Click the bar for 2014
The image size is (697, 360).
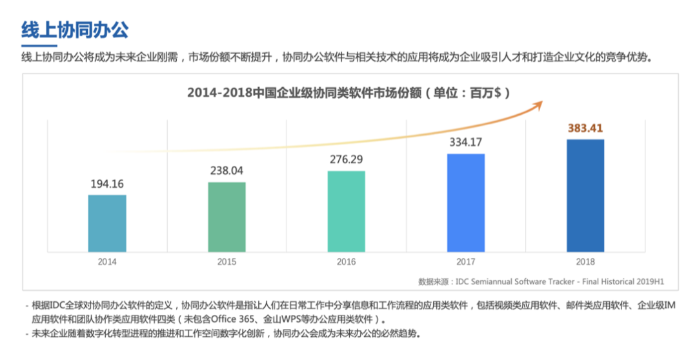click(x=107, y=223)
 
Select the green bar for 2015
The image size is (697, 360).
click(x=227, y=217)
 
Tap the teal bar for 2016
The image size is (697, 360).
click(x=346, y=211)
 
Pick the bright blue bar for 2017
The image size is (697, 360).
click(x=465, y=203)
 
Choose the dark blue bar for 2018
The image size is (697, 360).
click(x=585, y=195)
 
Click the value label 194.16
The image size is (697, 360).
click(x=107, y=184)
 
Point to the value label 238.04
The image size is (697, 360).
click(x=227, y=171)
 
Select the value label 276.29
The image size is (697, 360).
click(x=346, y=159)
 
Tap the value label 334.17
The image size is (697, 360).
click(x=465, y=142)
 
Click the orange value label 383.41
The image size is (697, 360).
click(x=585, y=128)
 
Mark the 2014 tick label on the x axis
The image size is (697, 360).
click(x=107, y=262)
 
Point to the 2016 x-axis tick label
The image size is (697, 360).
click(x=346, y=262)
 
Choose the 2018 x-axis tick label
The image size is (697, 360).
click(x=585, y=262)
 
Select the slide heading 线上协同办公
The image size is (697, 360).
click(x=75, y=30)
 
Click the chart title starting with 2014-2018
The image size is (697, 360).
click(x=348, y=92)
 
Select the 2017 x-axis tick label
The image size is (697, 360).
click(x=465, y=262)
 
